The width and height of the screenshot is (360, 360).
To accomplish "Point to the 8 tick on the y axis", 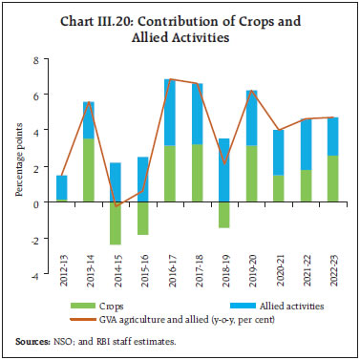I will pos(35,60).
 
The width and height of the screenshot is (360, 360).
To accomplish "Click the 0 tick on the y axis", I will pos(35,203).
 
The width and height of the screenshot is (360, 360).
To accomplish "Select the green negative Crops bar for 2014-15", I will pos(115,223).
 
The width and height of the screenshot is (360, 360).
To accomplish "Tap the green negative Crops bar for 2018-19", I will pos(223,215).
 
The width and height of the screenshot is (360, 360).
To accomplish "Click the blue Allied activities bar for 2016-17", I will pos(169,112).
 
